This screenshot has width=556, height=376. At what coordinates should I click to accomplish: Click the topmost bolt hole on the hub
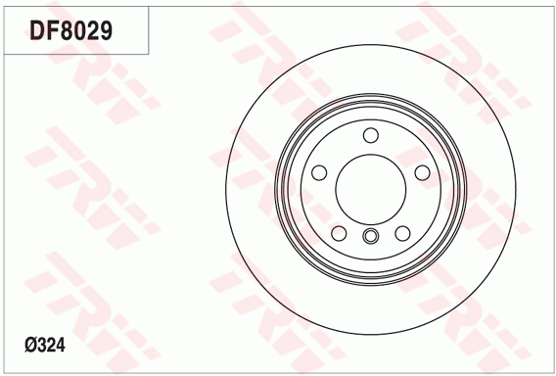coord(370,136)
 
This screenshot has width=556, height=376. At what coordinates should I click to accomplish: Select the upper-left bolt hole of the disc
coord(319,173)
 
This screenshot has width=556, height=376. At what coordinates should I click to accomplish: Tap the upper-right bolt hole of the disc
coord(421,173)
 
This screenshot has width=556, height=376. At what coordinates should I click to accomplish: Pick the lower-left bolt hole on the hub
coord(339,233)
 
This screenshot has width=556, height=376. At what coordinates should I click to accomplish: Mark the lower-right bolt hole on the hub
coord(401,233)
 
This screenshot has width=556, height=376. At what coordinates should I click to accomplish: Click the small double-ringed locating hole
coord(370,236)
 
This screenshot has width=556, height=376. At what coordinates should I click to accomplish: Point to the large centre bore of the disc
coord(370,188)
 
